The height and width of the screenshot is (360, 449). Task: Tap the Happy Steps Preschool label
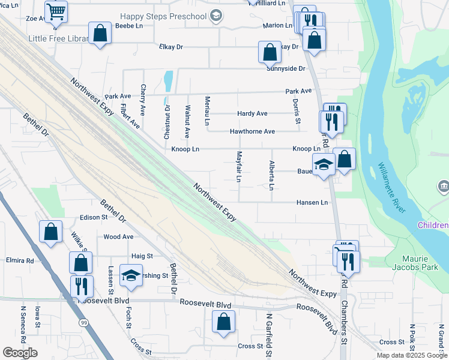pos(172,17)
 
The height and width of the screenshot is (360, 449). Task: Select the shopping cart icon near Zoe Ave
pos(56,10)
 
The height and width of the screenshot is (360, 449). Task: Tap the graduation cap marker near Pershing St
pos(131,275)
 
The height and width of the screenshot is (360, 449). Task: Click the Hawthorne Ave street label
pos(252,131)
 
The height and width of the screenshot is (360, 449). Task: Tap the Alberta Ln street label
pos(271,175)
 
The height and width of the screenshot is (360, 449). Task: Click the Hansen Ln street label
pos(312,203)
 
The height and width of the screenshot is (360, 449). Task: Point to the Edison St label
pos(93,217)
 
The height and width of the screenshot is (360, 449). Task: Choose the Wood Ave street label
pos(118,237)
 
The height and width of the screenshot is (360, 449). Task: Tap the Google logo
pos(20,353)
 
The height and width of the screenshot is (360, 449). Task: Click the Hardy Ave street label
pos(252,113)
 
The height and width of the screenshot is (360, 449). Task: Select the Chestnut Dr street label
pos(167,122)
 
